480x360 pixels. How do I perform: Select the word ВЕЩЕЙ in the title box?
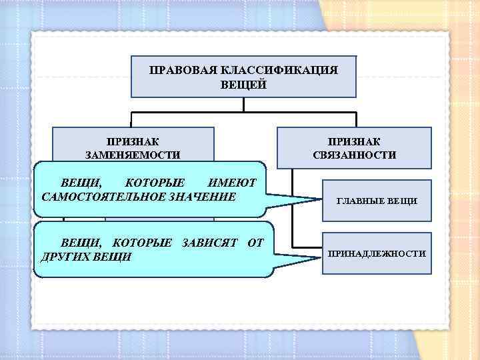point(243,85)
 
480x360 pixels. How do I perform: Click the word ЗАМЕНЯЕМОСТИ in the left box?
point(133,155)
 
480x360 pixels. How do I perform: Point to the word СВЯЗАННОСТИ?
point(354,155)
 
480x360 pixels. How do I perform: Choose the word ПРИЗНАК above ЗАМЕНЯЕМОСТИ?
point(133,141)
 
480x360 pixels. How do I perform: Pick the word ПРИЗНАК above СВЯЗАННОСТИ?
point(354,141)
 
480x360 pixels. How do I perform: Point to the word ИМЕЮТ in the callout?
point(232,183)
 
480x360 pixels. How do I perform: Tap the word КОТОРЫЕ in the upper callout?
point(155,183)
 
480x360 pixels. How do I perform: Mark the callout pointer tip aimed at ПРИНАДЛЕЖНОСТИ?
point(319,256)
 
